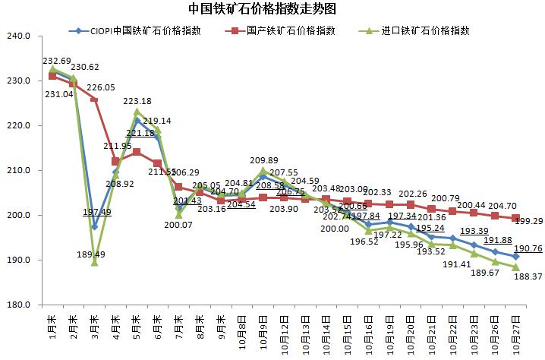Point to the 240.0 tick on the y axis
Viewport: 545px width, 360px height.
(17, 36)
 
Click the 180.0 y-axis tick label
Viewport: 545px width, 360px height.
(17, 305)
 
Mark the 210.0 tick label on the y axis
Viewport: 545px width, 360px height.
(17, 171)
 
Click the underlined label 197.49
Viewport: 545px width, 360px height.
(97, 212)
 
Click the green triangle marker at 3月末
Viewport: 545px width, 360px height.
(94, 262)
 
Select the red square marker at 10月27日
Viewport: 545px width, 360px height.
(515, 219)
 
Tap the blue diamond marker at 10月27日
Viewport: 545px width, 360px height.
(515, 257)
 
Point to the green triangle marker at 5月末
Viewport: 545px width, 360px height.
(137, 112)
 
